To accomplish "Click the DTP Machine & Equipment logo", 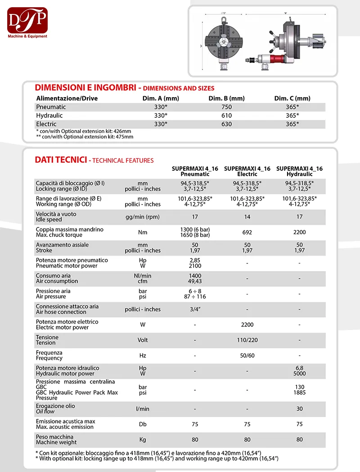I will pyautogui.click(x=27, y=22).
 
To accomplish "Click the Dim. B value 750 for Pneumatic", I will pyautogui.click(x=226, y=107).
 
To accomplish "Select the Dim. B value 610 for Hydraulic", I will pyautogui.click(x=226, y=116).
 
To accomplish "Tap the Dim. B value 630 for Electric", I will pyautogui.click(x=226, y=124).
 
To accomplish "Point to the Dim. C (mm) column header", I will pyautogui.click(x=292, y=98).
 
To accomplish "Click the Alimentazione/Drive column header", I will pyautogui.click(x=67, y=98).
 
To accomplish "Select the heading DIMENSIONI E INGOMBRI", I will pyautogui.click(x=85, y=88).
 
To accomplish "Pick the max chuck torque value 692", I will pyautogui.click(x=247, y=232).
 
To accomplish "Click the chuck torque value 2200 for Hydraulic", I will pyautogui.click(x=299, y=232).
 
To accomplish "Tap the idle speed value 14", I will pyautogui.click(x=247, y=217).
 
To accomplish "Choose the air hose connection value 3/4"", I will pyautogui.click(x=195, y=309).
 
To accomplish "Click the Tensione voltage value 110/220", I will pyautogui.click(x=247, y=340).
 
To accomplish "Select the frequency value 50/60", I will pyautogui.click(x=247, y=356).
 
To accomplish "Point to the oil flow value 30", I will pyautogui.click(x=299, y=409).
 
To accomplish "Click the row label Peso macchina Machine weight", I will pyautogui.click(x=55, y=440).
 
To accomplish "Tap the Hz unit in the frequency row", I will pyautogui.click(x=143, y=356).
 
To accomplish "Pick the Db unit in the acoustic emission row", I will pyautogui.click(x=143, y=424).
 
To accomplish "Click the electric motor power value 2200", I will pyautogui.click(x=247, y=325).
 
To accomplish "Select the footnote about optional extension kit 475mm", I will pyautogui.click(x=85, y=137).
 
